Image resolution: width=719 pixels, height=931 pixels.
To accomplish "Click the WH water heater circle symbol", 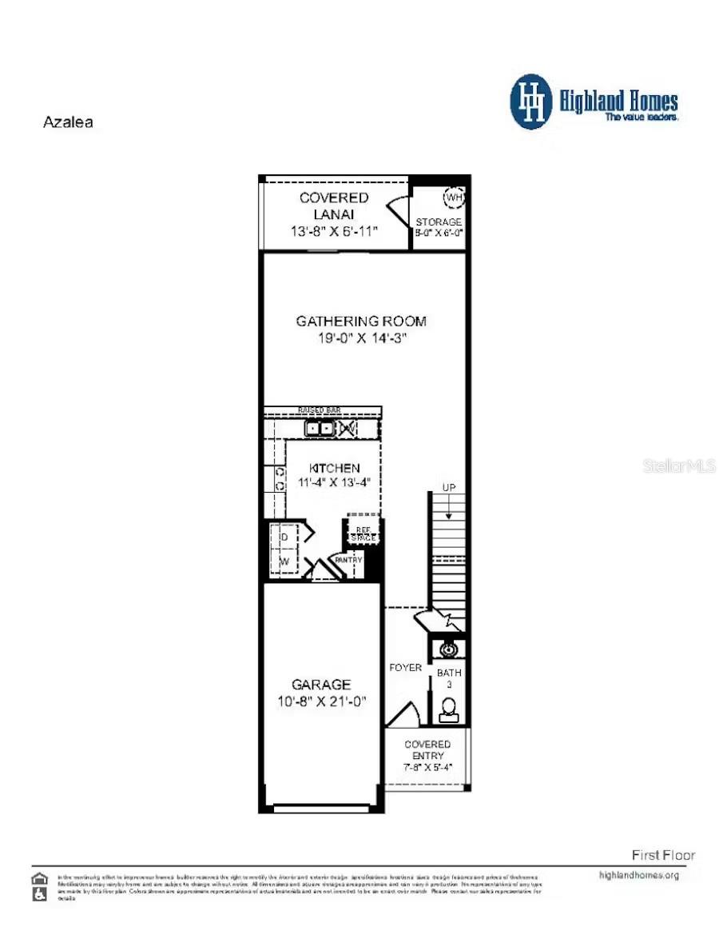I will [x=454, y=197].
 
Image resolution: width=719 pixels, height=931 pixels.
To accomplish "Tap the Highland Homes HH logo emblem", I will [x=530, y=102].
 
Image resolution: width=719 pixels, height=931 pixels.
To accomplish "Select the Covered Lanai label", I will [x=334, y=206].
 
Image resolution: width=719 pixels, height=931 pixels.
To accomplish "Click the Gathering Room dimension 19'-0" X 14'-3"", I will [x=361, y=338].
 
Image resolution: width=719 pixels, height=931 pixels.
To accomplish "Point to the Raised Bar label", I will [x=320, y=410].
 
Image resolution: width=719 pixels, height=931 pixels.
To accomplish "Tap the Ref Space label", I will [x=363, y=533].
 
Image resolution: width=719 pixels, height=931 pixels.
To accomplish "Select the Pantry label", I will [x=348, y=560].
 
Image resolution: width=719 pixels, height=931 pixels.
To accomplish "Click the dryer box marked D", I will [x=284, y=537].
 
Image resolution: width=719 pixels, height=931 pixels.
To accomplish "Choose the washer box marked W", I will [x=284, y=561].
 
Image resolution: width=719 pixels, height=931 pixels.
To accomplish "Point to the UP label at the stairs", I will [x=450, y=487].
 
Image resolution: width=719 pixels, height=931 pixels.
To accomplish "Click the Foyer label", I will [x=406, y=668].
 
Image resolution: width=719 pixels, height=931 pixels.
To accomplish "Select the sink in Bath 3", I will [x=449, y=649].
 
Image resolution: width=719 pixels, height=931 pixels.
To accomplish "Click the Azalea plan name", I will [x=67, y=122].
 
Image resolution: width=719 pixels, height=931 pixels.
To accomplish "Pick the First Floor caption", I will [x=663, y=855].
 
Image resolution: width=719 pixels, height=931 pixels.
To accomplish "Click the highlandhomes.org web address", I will [x=638, y=875].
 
